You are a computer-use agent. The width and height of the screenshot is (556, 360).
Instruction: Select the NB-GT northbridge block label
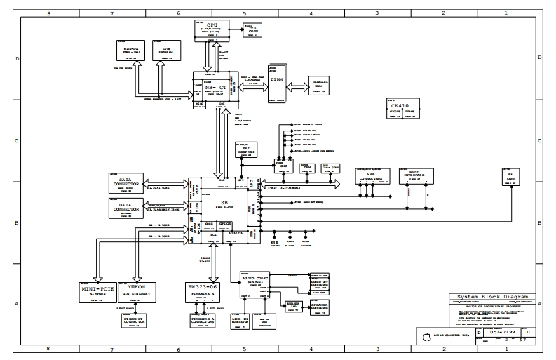215,88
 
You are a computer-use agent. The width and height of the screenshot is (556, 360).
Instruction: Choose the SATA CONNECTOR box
126,184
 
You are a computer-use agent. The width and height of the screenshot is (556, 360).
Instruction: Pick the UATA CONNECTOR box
126,208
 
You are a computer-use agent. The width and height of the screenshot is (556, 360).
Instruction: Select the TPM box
308,168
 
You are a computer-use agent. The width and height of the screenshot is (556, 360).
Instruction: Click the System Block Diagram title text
494,298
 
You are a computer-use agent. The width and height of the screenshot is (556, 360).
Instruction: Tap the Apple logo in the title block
424,339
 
